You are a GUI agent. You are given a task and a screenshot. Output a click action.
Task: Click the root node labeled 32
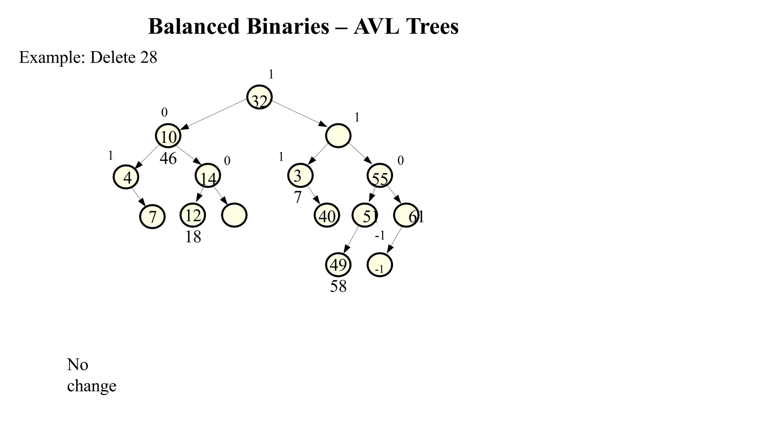[x=260, y=97]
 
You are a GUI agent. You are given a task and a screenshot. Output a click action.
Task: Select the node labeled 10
[x=168, y=136]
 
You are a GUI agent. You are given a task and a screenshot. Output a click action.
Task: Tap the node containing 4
[x=126, y=177]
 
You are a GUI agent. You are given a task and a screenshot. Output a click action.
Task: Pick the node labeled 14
[x=208, y=176]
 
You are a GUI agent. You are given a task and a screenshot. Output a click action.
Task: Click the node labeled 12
[x=193, y=215]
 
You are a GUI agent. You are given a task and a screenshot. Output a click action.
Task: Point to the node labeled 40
[x=327, y=215]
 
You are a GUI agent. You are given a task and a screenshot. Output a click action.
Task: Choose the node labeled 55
[x=380, y=176]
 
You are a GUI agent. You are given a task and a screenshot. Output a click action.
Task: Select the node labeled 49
[x=338, y=265]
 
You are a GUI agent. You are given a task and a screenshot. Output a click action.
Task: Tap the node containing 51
[x=365, y=215]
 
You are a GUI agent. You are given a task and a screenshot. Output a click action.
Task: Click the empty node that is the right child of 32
[x=338, y=136]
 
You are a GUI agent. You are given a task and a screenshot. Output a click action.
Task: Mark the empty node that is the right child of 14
[x=234, y=215]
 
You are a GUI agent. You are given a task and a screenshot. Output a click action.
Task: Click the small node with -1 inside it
[x=380, y=265]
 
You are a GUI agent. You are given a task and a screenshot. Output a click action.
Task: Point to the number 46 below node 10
[x=168, y=159]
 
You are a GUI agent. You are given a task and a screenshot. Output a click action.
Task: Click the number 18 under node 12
[x=193, y=237]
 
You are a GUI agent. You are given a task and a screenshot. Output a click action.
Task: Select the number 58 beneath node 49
[x=338, y=286]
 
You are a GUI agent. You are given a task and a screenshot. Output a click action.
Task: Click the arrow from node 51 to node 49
[x=351, y=240]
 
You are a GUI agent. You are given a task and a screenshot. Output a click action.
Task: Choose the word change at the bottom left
[x=92, y=386]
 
